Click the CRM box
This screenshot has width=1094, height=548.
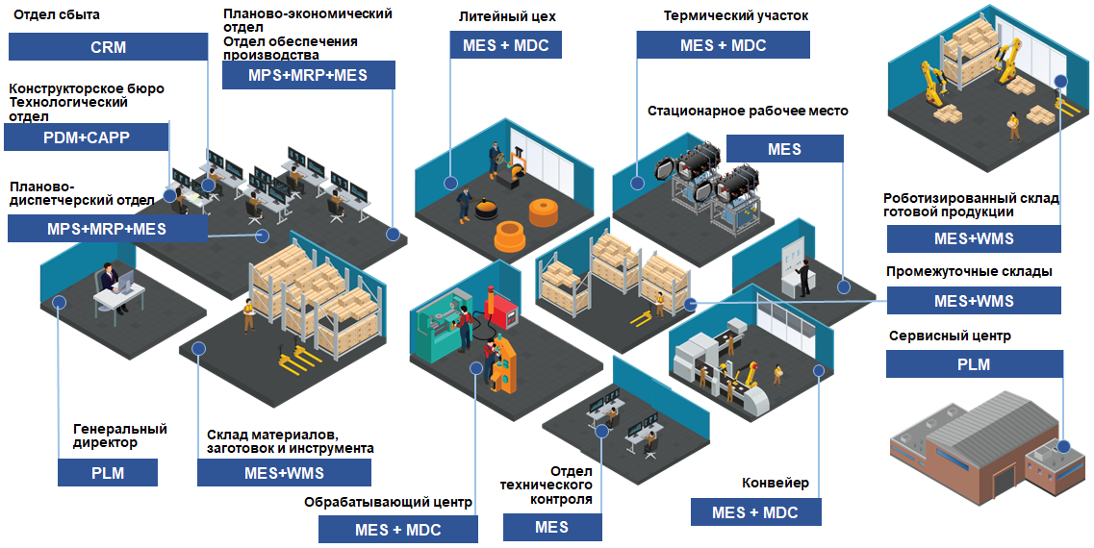click(108, 47)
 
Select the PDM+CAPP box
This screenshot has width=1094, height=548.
click(87, 137)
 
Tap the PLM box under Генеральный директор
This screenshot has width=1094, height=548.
click(108, 473)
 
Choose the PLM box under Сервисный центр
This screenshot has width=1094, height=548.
click(974, 364)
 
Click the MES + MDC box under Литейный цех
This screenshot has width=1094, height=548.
click(506, 45)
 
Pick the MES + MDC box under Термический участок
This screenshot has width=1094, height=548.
click(723, 45)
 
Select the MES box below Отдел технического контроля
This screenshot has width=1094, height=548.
click(552, 527)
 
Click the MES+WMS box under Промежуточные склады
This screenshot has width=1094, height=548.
click(974, 301)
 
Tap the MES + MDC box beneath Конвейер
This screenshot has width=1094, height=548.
click(755, 512)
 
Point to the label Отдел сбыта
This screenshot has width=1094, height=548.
click(56, 14)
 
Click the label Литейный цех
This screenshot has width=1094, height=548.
click(508, 16)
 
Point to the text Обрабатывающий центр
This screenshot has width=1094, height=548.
click(388, 502)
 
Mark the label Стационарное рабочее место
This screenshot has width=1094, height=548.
click(748, 111)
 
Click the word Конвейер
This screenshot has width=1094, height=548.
click(776, 483)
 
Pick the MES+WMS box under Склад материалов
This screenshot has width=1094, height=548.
click(284, 473)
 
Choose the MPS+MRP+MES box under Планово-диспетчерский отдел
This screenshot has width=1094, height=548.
click(107, 229)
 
